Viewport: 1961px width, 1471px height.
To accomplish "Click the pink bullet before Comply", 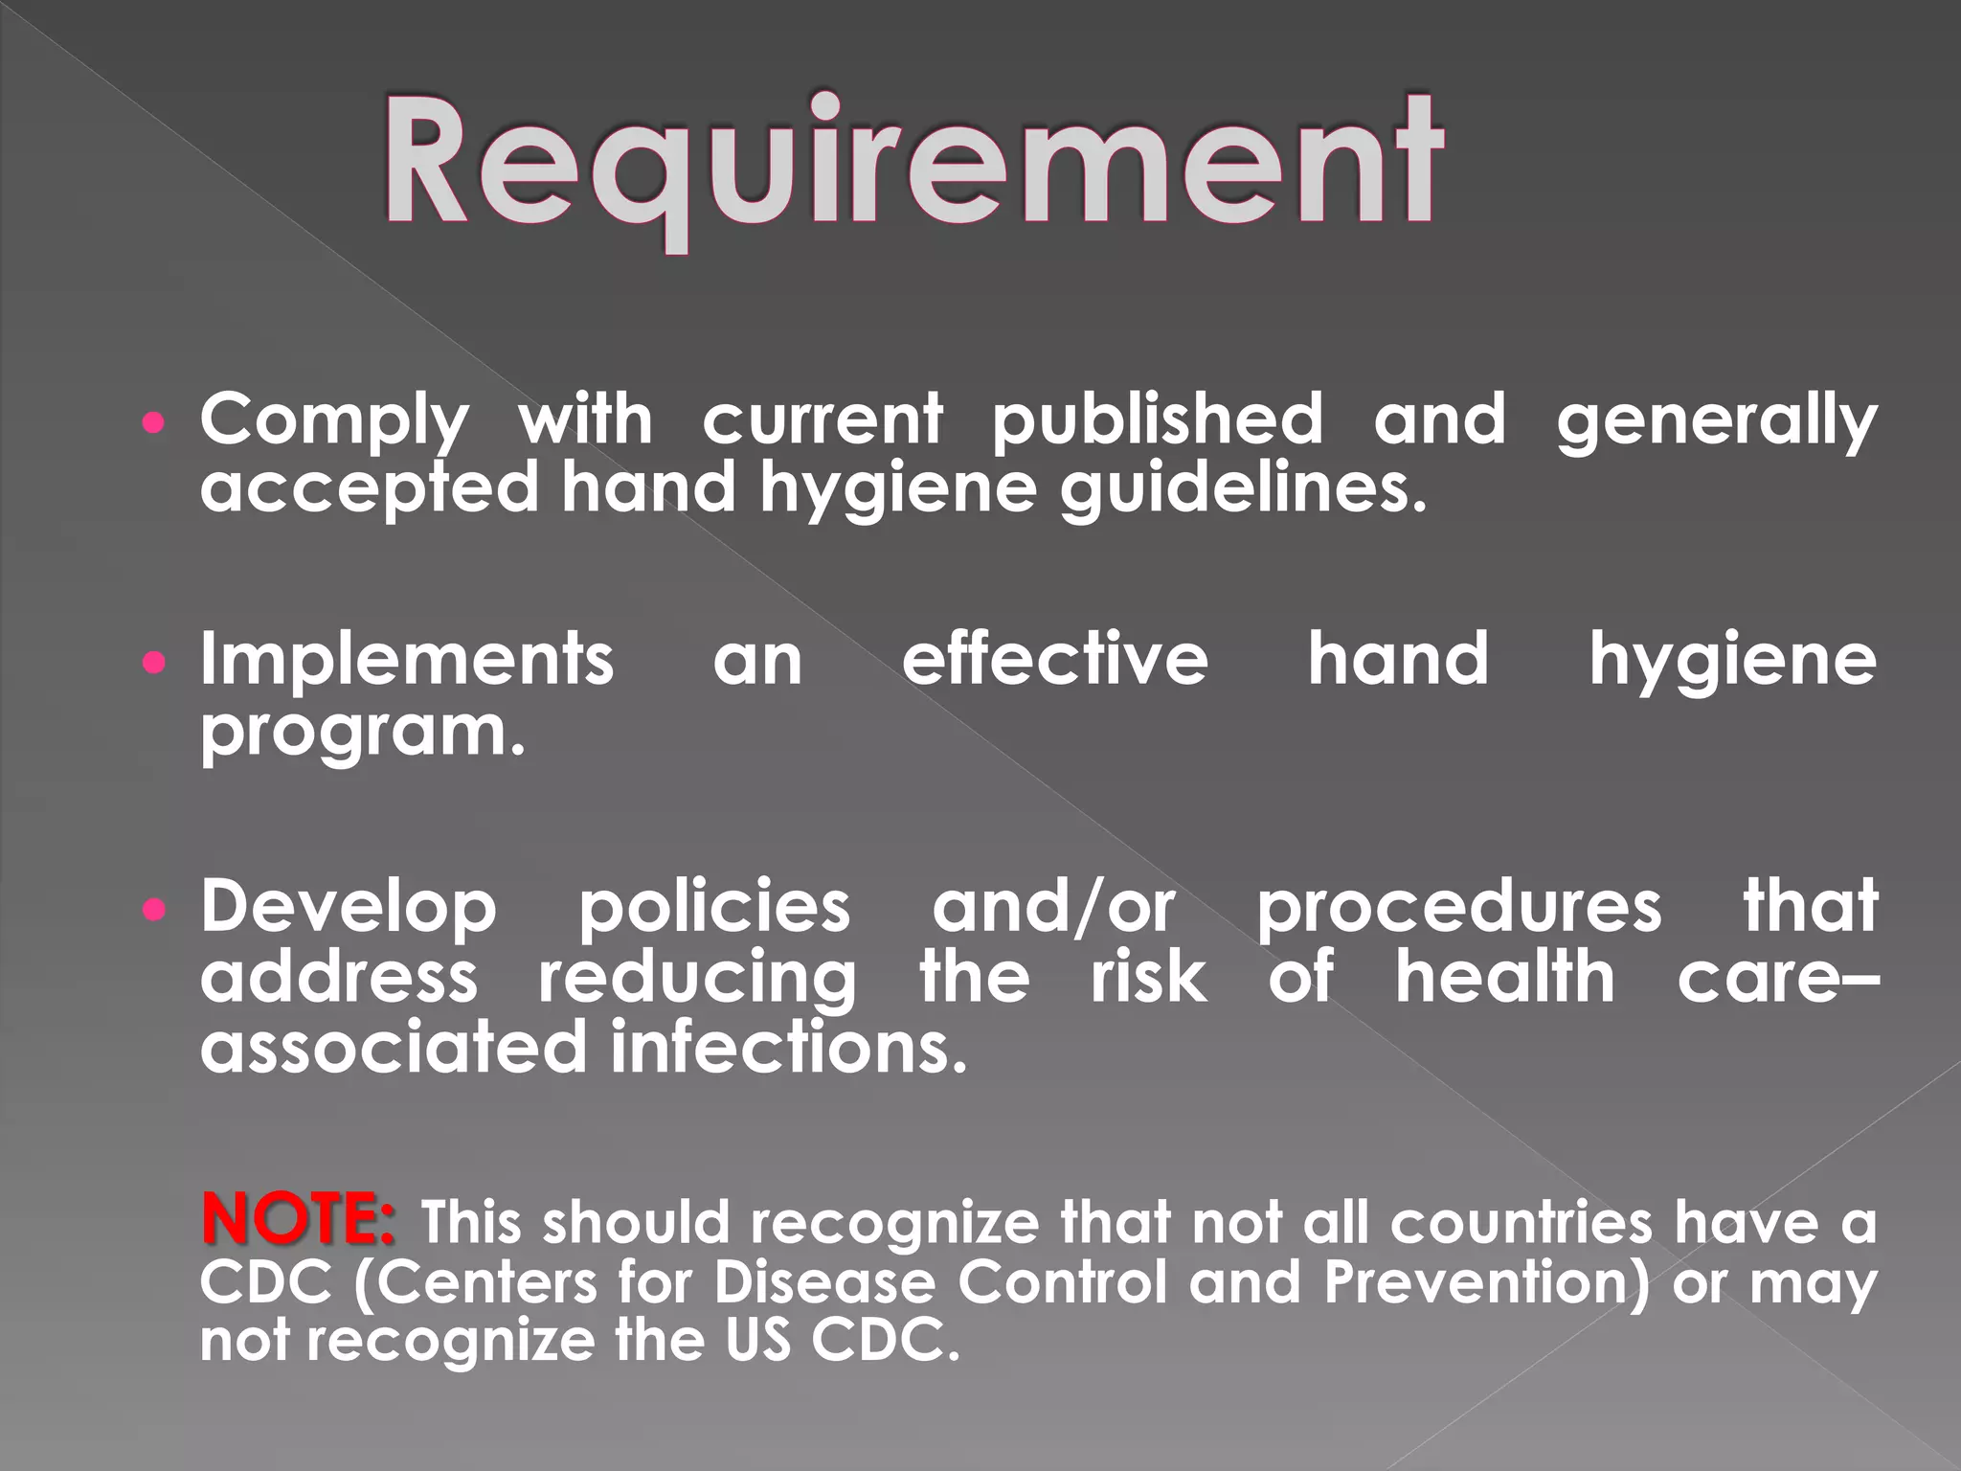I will pos(153,421).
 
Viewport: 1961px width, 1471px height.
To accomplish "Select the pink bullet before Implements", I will pos(153,662).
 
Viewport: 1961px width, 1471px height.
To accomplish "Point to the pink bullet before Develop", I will pos(153,909).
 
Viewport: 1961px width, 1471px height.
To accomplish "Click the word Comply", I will pos(334,421).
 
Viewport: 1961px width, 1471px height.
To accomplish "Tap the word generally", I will pos(1716,421).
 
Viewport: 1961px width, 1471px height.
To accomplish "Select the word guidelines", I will pos(1242,488).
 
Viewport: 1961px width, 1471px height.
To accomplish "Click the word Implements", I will pos(407,661).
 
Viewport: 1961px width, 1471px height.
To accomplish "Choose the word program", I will pos(363,733).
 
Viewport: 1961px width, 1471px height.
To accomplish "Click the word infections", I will pos(788,1047).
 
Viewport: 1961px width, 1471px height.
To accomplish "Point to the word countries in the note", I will pos(1521,1223).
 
